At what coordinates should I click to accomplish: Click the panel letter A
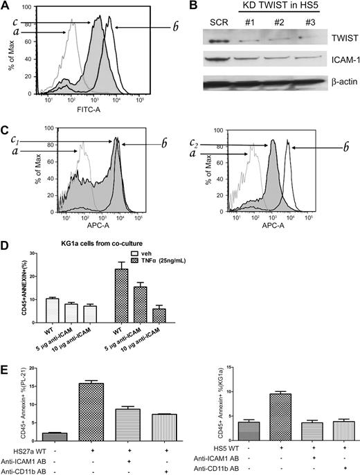[x=6, y=6]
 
